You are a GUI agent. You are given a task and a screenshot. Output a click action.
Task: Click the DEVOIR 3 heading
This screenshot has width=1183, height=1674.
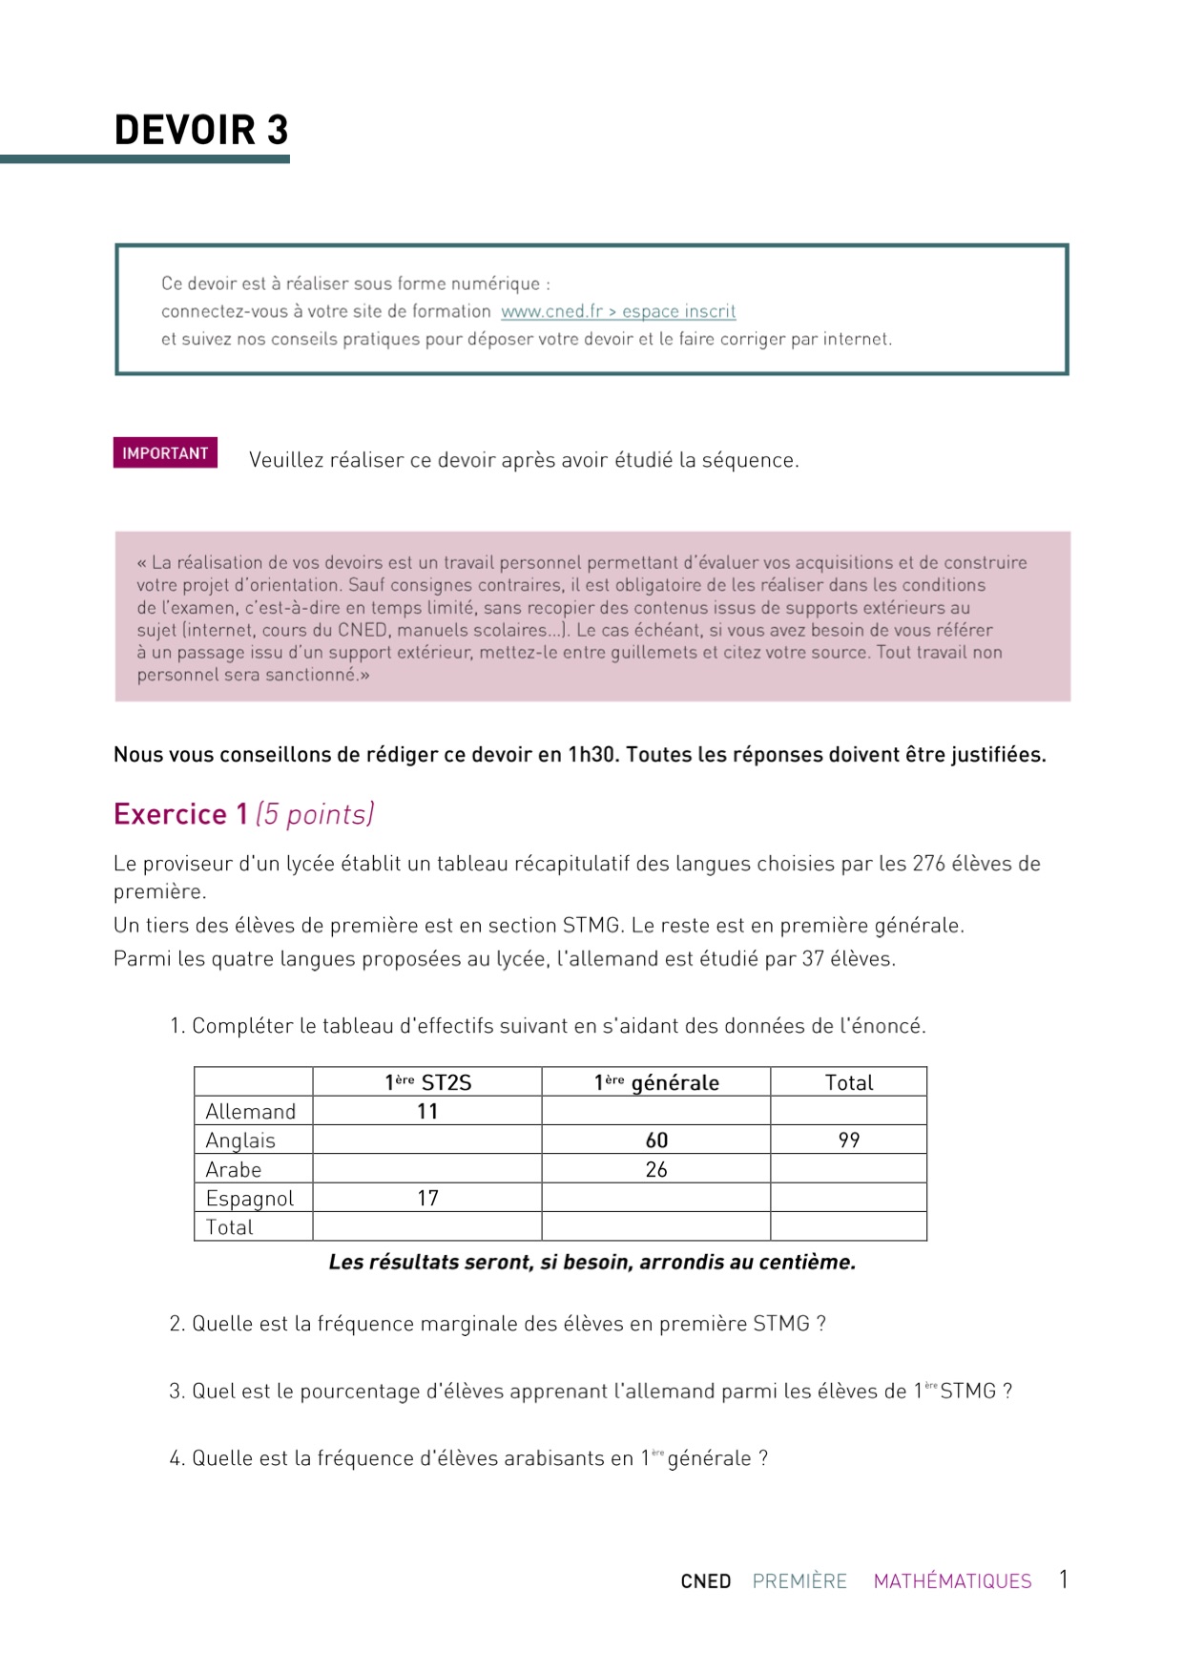[201, 131]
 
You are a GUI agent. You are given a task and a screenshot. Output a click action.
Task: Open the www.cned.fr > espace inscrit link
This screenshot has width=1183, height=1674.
[618, 311]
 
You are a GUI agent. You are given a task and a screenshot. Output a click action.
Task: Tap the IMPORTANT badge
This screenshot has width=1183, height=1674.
[165, 453]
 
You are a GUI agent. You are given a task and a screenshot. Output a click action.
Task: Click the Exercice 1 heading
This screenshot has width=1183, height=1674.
[180, 814]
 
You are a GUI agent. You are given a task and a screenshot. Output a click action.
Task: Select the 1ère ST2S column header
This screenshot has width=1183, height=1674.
[427, 1082]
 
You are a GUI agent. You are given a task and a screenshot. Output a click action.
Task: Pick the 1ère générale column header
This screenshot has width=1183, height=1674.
[656, 1082]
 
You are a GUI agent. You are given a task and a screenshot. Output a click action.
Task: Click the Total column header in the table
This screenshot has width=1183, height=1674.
[849, 1082]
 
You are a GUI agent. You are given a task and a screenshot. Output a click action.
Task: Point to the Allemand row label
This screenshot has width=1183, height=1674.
[251, 1112]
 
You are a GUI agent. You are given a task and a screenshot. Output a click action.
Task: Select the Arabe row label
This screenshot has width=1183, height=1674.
[234, 1170]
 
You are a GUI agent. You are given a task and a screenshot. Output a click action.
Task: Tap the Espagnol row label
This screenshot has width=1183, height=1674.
[250, 1199]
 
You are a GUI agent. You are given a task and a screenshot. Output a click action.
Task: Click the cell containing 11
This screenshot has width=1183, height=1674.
[427, 1112]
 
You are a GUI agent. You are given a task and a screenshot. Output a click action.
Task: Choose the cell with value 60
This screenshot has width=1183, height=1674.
[656, 1140]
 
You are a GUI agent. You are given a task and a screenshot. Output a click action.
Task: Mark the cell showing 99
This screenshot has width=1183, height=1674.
[849, 1140]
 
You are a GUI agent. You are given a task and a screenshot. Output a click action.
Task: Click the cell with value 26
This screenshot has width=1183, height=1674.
[656, 1170]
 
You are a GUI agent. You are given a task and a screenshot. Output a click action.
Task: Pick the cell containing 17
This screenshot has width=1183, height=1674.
[427, 1199]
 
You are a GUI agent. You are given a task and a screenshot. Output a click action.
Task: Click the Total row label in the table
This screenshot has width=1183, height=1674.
[230, 1227]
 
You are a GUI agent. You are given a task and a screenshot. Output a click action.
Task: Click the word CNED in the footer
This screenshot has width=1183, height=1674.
[706, 1581]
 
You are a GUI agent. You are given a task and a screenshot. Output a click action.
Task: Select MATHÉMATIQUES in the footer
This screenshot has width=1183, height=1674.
[952, 1581]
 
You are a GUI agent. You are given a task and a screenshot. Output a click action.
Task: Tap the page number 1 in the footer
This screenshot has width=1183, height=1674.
[1063, 1580]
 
